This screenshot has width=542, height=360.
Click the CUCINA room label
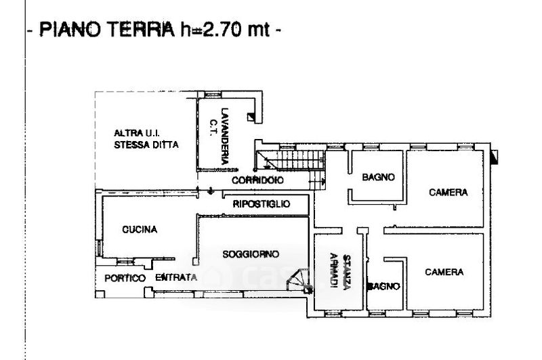[140, 230]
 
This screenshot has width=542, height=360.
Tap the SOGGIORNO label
[251, 254]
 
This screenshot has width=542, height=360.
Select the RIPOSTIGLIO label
[262, 204]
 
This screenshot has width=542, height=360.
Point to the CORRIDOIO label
[257, 180]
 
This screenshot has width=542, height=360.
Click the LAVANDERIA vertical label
[225, 136]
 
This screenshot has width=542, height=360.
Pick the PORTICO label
[125, 279]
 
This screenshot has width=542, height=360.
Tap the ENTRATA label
[176, 277]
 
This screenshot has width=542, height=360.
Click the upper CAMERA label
[449, 193]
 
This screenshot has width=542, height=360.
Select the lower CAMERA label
[444, 272]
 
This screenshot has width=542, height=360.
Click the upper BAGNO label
[378, 177]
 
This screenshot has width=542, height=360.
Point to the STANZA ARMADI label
[340, 272]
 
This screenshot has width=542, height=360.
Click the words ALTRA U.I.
[137, 133]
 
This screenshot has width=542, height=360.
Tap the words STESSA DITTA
[146, 144]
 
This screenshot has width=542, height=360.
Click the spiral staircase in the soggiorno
[299, 281]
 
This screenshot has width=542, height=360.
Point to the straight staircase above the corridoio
[291, 160]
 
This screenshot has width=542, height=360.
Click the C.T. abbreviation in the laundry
[213, 127]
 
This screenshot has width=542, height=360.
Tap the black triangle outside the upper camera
[495, 157]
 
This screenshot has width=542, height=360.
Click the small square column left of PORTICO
[100, 294]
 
